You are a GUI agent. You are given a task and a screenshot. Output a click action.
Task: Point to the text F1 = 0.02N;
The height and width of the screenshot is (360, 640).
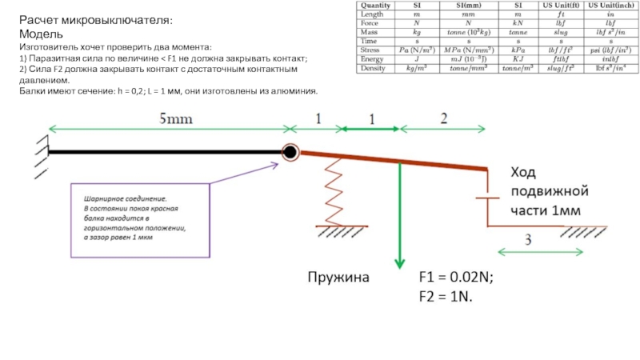456,278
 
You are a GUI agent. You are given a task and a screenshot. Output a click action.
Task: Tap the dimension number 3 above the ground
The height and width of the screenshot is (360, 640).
527,240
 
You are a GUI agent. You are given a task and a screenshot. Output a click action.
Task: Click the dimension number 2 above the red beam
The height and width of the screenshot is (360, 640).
443,118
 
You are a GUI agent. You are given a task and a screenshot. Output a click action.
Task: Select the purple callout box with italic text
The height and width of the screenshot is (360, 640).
141,218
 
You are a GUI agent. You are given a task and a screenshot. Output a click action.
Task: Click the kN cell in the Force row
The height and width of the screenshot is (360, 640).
517,22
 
